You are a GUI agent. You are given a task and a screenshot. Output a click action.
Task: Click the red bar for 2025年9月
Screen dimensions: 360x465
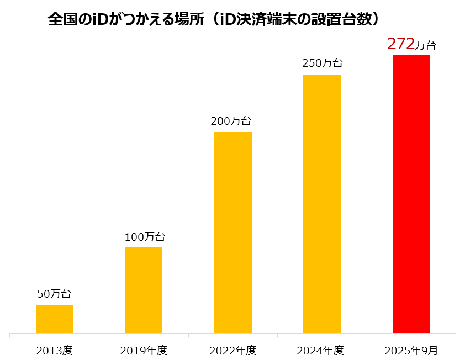pos(411,194)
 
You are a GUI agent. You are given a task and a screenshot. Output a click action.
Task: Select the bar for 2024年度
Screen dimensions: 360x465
pos(322,204)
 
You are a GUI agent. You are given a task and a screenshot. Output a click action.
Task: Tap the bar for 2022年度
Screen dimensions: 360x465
pos(232,232)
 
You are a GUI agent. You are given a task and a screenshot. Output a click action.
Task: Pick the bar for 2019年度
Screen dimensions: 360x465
pos(144,290)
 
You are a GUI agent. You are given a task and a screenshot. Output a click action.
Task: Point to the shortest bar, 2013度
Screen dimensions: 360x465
pos(55,319)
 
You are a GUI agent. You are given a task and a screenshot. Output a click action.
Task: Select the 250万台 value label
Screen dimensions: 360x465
pos(322,63)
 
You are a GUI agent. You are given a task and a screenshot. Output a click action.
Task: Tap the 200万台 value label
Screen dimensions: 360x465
pos(231,121)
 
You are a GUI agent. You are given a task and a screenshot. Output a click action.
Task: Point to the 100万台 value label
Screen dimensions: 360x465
pos(145,237)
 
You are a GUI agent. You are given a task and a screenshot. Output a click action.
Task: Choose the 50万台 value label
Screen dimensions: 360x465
pos(54,294)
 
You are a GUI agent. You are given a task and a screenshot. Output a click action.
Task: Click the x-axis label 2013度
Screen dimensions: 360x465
pos(55,350)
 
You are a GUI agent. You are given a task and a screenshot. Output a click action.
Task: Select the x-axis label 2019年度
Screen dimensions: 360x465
pos(144,350)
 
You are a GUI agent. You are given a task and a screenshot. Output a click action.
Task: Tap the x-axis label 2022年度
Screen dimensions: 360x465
pos(232,350)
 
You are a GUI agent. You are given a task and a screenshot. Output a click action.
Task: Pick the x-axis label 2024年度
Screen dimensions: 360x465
pos(320,350)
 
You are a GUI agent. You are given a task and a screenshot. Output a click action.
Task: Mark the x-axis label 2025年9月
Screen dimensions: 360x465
pos(411,350)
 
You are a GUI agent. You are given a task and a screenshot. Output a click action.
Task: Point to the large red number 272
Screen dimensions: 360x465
pos(400,44)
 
